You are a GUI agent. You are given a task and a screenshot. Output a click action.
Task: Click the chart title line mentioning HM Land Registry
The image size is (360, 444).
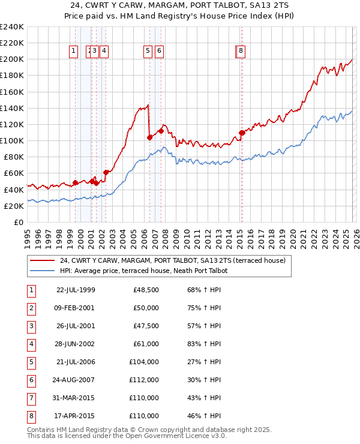coord(180,16)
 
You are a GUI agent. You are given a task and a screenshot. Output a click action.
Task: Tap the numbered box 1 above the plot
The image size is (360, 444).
coord(73,52)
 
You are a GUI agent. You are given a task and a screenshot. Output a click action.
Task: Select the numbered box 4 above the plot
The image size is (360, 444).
coord(104,52)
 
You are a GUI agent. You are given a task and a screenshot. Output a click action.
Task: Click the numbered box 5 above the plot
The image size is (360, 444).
coord(148,52)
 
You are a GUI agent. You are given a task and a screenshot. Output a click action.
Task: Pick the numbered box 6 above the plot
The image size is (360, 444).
coord(159,52)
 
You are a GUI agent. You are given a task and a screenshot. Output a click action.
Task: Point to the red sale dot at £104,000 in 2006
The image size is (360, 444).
coord(149,137)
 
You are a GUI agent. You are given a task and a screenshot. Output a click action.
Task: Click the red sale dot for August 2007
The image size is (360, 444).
coord(161,131)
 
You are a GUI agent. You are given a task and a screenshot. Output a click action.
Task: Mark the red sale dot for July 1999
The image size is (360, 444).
coord(75,182)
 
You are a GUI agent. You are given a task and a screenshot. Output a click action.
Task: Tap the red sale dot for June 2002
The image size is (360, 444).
coord(106,172)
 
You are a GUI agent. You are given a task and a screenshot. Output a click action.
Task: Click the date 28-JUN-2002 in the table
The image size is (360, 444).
coord(75,344)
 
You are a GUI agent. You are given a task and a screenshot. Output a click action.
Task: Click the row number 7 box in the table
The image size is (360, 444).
coord(31,398)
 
